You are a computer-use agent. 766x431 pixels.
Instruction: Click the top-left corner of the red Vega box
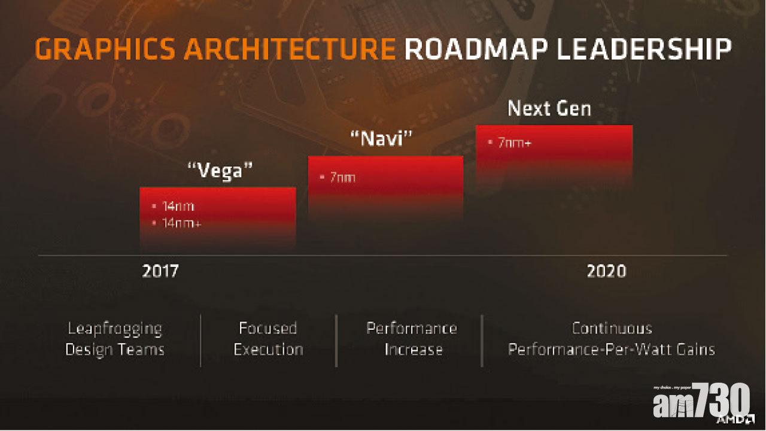tap(140, 187)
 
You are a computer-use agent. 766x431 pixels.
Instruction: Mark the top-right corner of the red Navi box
tap(463, 157)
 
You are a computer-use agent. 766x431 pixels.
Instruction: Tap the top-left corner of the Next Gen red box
tap(476, 126)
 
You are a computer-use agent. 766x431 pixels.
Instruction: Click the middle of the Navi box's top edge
tap(386, 157)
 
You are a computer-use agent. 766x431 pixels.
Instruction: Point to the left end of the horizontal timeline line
tap(38, 255)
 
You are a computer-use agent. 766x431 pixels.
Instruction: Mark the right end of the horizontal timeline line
tap(728, 255)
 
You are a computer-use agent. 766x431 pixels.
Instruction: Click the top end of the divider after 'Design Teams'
tap(200, 315)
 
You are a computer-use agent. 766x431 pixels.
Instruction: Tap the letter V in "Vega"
tap(205, 170)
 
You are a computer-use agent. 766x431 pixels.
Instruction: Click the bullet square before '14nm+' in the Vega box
tap(154, 223)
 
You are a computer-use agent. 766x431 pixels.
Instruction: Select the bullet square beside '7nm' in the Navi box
tap(322, 177)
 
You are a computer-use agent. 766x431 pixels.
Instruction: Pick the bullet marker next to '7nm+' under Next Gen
tap(490, 142)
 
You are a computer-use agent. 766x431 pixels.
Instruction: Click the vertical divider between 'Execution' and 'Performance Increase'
tap(336, 341)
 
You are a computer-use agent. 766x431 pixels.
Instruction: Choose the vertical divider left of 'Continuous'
tap(482, 341)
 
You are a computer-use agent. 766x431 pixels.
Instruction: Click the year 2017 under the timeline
tap(160, 271)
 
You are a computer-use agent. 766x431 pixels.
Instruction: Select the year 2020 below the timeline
tap(607, 271)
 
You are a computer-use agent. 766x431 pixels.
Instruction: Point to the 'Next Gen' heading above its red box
tap(549, 108)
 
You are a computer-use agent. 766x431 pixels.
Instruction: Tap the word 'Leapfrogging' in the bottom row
tap(115, 329)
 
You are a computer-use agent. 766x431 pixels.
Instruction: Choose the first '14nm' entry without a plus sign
tap(178, 207)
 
